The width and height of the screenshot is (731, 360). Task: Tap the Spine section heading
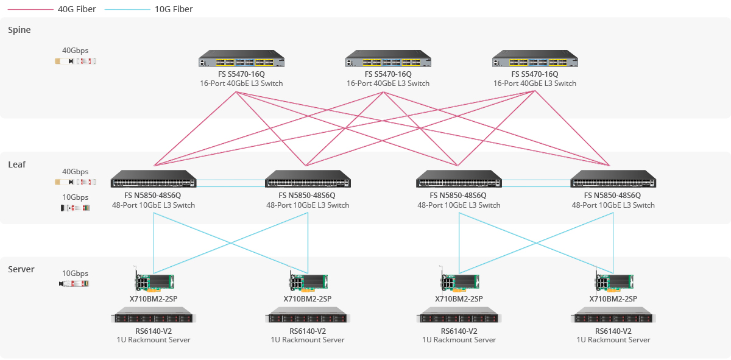click(19, 30)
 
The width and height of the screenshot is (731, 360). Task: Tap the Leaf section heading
click(17, 164)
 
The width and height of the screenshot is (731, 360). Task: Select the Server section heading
click(21, 269)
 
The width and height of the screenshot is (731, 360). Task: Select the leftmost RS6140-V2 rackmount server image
click(152, 318)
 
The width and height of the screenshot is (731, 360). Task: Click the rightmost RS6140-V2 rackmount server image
click(613, 318)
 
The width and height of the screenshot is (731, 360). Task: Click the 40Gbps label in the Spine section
click(75, 51)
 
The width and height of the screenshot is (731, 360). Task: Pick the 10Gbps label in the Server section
click(75, 274)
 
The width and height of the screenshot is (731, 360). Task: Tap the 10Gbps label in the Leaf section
click(75, 197)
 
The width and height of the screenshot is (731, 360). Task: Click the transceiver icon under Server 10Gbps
click(74, 283)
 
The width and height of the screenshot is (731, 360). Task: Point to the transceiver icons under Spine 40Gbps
click(75, 61)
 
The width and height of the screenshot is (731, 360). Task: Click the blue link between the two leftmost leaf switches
click(231, 180)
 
